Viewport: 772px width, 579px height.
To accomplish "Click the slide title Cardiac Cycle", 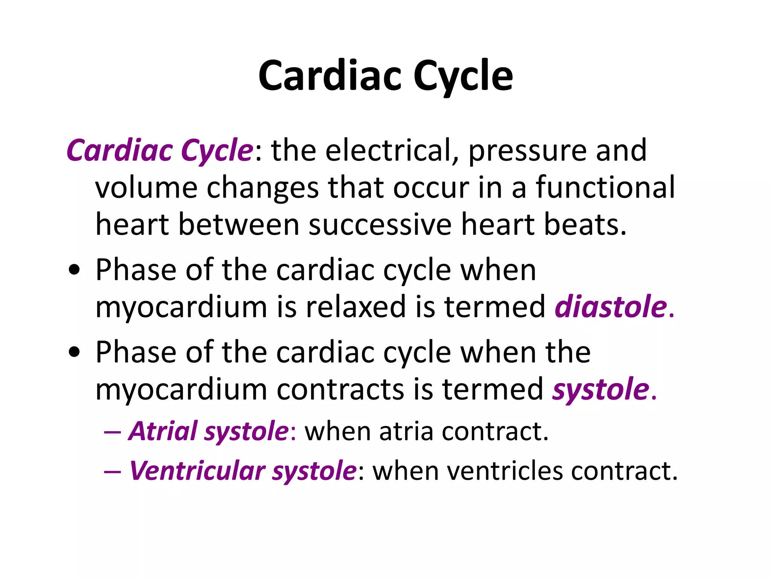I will click(386, 76).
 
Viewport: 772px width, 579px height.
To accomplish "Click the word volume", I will click(146, 187).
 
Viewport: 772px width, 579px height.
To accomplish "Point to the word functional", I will click(605, 187).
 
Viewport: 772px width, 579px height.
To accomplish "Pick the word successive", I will click(380, 225).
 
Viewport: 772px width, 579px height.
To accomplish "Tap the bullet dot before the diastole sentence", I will click(75, 270).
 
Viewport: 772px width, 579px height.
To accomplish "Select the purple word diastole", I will click(611, 307).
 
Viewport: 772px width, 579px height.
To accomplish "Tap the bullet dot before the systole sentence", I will click(75, 352).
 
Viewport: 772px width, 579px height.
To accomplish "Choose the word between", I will click(239, 225).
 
